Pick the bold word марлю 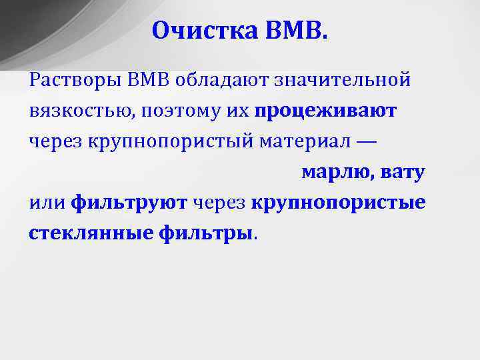pos(337,172)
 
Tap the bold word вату pos(403,172)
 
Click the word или pos(47,203)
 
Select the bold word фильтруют pos(129,203)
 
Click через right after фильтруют pos(219,203)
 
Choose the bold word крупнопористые pos(339,203)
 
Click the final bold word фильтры pos(207,233)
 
